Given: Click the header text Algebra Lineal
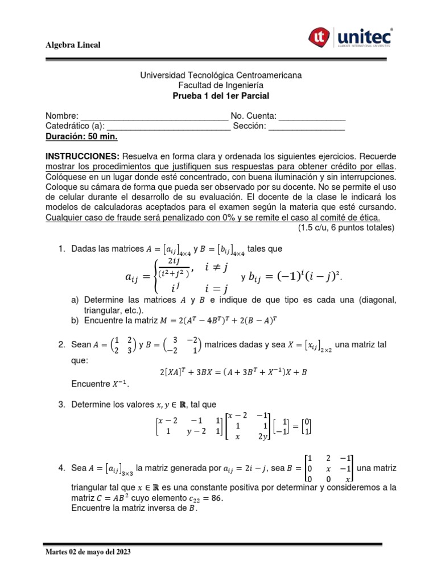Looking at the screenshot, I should coord(73,45).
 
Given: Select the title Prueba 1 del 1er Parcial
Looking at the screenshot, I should coord(221,95).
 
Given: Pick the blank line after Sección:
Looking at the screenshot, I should coord(307,127).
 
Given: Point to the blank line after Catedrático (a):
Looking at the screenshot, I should coord(168,127).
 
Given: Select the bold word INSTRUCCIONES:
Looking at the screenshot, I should coord(83,156).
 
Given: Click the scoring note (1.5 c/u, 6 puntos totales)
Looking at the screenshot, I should coord(346,228).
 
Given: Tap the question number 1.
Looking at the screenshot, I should coord(62,249).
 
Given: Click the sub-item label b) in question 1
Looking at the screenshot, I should coord(76,321).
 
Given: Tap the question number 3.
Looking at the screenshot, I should coord(62,405).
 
